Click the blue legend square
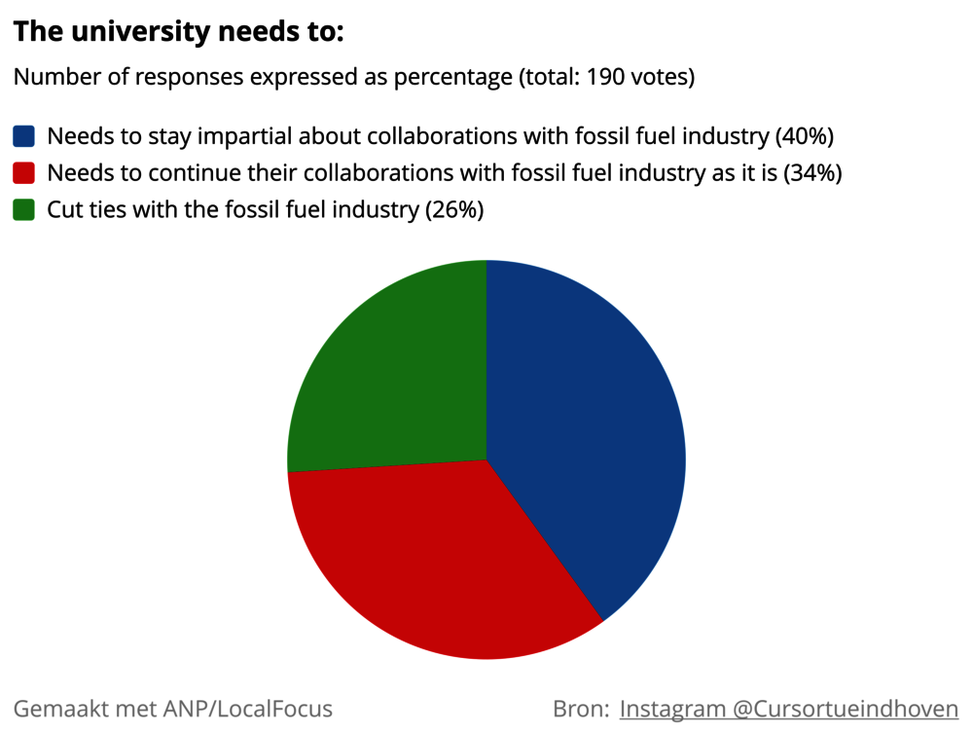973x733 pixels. pyautogui.click(x=24, y=135)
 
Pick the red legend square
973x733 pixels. pyautogui.click(x=24, y=172)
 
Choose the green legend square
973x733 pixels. pyautogui.click(x=24, y=209)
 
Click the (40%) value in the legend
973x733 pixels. pyautogui.click(x=805, y=135)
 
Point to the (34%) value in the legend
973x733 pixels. pyautogui.click(x=812, y=172)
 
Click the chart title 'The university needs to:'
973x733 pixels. pyautogui.click(x=178, y=32)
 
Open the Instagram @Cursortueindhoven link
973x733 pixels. pyautogui.click(x=789, y=709)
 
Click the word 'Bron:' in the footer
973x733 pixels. pyautogui.click(x=581, y=709)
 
